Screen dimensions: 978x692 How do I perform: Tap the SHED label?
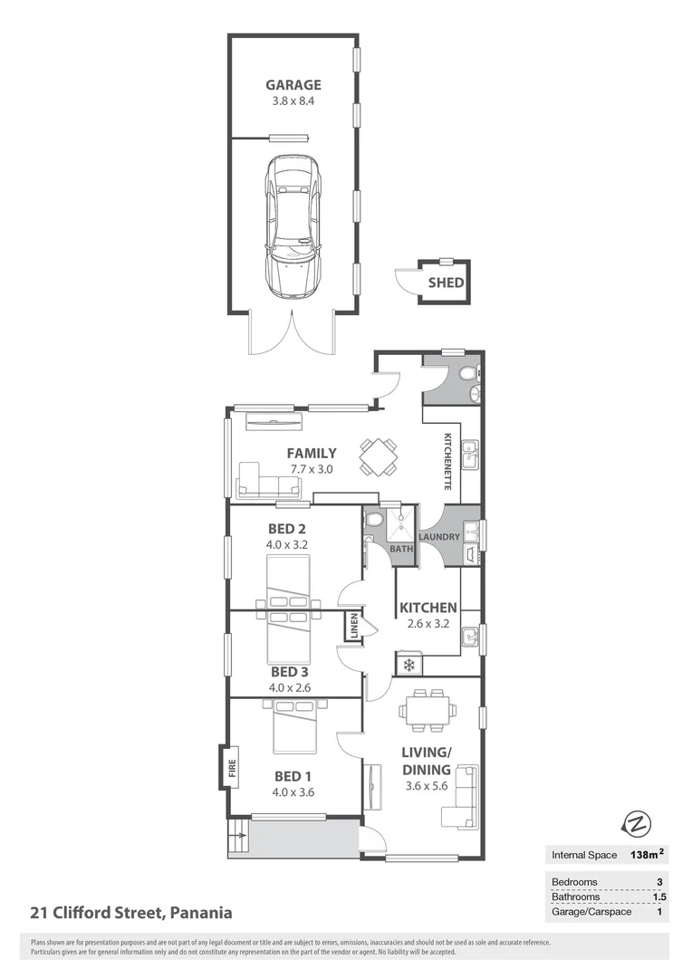[x=447, y=283]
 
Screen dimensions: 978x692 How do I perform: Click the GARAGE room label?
[x=293, y=85]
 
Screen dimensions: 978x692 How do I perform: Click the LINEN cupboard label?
[x=355, y=627]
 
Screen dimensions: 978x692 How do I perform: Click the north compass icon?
[x=638, y=823]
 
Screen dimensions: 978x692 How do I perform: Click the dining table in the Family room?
[x=378, y=456]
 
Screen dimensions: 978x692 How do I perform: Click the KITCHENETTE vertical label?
[x=447, y=462]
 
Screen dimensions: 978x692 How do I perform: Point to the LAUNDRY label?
[x=440, y=536]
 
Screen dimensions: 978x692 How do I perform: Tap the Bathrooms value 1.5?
[x=659, y=896]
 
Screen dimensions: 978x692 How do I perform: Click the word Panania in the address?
[x=198, y=913]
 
